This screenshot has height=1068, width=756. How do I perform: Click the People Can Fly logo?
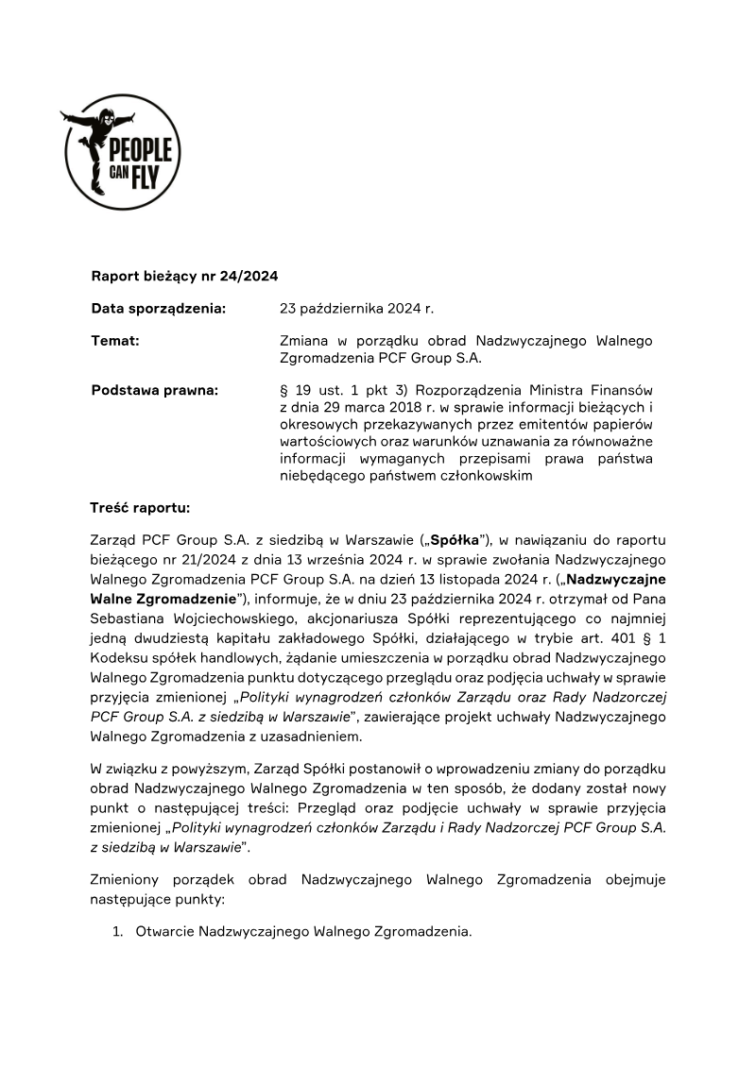122,152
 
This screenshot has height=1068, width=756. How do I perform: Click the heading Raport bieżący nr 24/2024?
184,276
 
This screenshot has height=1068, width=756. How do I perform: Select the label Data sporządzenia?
158,308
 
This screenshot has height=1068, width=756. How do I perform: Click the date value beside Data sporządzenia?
356,308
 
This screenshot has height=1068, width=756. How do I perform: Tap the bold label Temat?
115,340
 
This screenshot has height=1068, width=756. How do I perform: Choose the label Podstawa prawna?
155,390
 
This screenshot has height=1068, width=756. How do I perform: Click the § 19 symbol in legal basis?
296,390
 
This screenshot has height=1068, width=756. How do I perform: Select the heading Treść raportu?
140,508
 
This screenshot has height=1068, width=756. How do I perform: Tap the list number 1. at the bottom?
118,932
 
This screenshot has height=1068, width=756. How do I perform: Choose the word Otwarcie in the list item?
164,932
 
